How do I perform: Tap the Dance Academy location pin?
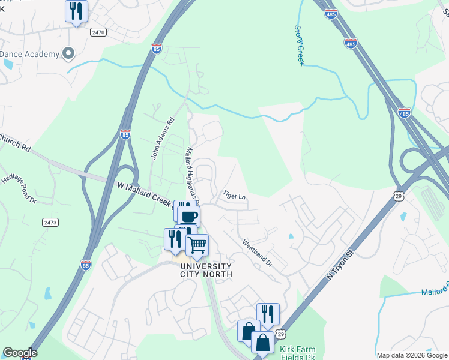(68, 54)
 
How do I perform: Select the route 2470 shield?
(98, 32)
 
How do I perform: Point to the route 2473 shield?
(50, 223)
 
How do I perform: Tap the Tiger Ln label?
(235, 196)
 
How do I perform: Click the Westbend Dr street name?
(258, 254)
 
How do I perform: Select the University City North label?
(205, 270)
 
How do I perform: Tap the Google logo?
(19, 353)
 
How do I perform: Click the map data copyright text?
(412, 355)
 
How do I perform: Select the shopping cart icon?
(197, 244)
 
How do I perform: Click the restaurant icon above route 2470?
(76, 11)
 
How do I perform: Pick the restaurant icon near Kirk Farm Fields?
(268, 313)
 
